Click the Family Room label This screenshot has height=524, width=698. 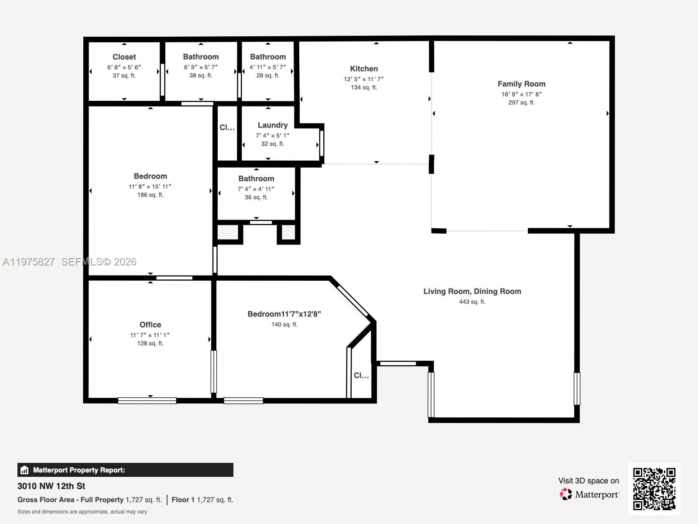tap(521, 84)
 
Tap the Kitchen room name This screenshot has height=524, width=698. tap(364, 69)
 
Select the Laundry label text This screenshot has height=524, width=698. tap(273, 125)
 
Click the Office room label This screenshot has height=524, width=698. tap(150, 324)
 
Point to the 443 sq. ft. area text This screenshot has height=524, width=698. tap(472, 302)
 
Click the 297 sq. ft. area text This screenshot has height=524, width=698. tap(521, 103)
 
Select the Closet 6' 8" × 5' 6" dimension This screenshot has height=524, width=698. tap(124, 67)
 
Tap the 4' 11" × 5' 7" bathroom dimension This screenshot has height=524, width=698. tap(268, 67)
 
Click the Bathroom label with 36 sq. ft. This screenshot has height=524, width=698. tap(256, 179)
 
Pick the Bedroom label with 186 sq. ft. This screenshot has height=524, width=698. tap(150, 176)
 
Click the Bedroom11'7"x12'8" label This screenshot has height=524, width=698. tap(284, 314)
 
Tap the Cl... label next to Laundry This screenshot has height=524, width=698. tap(227, 128)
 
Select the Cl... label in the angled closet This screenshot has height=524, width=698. tap(361, 376)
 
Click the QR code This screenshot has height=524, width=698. tap(654, 489)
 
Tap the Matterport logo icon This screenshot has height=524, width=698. tap(566, 494)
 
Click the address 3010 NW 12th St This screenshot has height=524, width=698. tap(51, 486)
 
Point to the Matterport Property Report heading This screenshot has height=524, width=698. tap(79, 470)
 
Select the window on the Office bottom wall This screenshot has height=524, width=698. tap(147, 400)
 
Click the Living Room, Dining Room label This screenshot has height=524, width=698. tap(472, 291)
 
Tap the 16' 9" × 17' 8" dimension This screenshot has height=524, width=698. tap(521, 94)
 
